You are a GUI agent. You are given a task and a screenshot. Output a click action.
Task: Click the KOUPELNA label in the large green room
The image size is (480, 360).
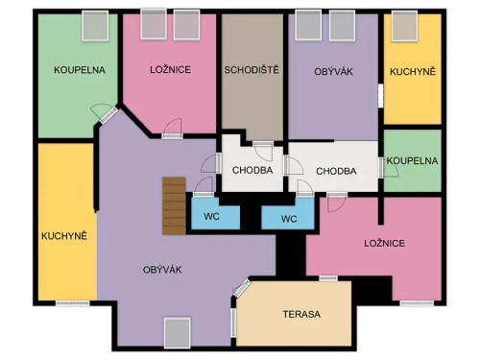click(79, 70)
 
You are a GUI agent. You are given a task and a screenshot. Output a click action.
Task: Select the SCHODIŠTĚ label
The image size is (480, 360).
click(252, 70)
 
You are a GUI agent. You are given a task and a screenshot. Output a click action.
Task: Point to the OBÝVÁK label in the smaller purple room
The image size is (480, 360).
click(335, 71)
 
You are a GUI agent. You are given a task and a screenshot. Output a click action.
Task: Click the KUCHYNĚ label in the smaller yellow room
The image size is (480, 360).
click(413, 72)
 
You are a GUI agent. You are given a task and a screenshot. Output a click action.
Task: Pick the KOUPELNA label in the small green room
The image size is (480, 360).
click(413, 161)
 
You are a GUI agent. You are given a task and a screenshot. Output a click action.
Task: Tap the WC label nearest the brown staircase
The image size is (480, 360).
click(211, 217)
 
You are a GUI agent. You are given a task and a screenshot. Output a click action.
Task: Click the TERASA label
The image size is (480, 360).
click(301, 314)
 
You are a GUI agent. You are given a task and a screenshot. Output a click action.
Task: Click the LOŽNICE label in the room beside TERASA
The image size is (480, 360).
click(384, 243)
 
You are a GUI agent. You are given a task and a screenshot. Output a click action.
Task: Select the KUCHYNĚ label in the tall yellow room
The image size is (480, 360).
click(64, 235)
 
